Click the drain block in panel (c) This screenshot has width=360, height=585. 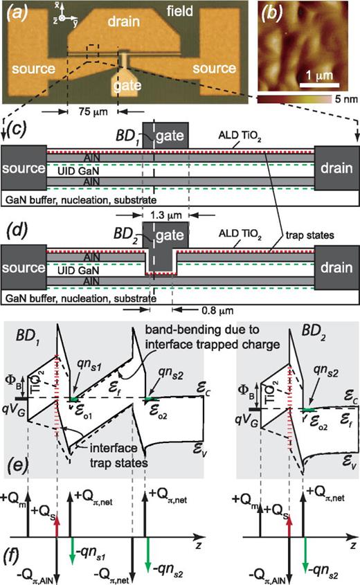[x=336, y=169]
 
